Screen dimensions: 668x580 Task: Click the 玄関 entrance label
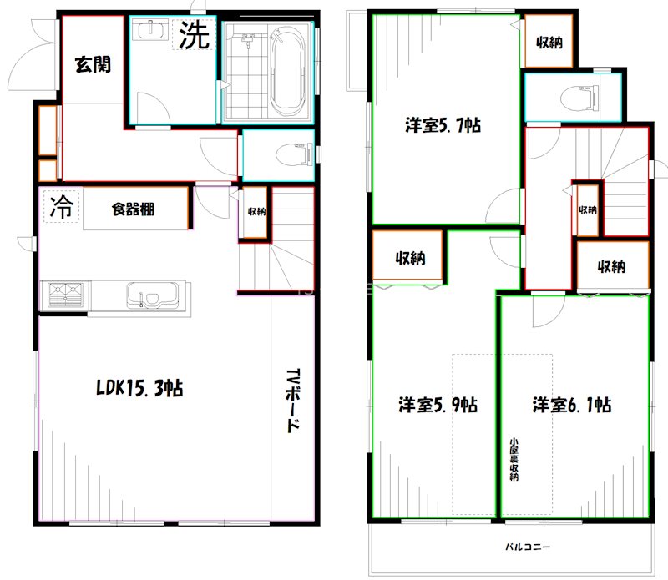tap(93, 64)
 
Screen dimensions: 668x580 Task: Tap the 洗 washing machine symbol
tap(195, 35)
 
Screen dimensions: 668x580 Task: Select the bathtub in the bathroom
tap(288, 71)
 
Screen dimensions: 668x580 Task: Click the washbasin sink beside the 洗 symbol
tap(149, 29)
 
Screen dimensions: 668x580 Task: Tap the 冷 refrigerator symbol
tap(62, 206)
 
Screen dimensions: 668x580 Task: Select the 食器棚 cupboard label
tap(133, 209)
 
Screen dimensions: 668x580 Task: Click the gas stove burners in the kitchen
tap(65, 295)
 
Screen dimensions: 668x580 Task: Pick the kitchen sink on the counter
tap(153, 295)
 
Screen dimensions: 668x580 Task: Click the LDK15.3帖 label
tap(139, 387)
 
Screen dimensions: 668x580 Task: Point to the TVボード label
tap(293, 401)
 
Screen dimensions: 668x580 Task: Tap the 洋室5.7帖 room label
tap(443, 126)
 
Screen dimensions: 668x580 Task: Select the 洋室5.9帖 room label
tap(438, 405)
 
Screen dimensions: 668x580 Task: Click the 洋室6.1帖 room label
tap(572, 405)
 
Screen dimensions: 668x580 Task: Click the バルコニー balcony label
tap(528, 547)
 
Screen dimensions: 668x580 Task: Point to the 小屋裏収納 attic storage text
tap(514, 459)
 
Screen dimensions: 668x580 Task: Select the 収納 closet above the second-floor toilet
tap(549, 41)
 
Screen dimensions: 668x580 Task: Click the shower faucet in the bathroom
tap(247, 40)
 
